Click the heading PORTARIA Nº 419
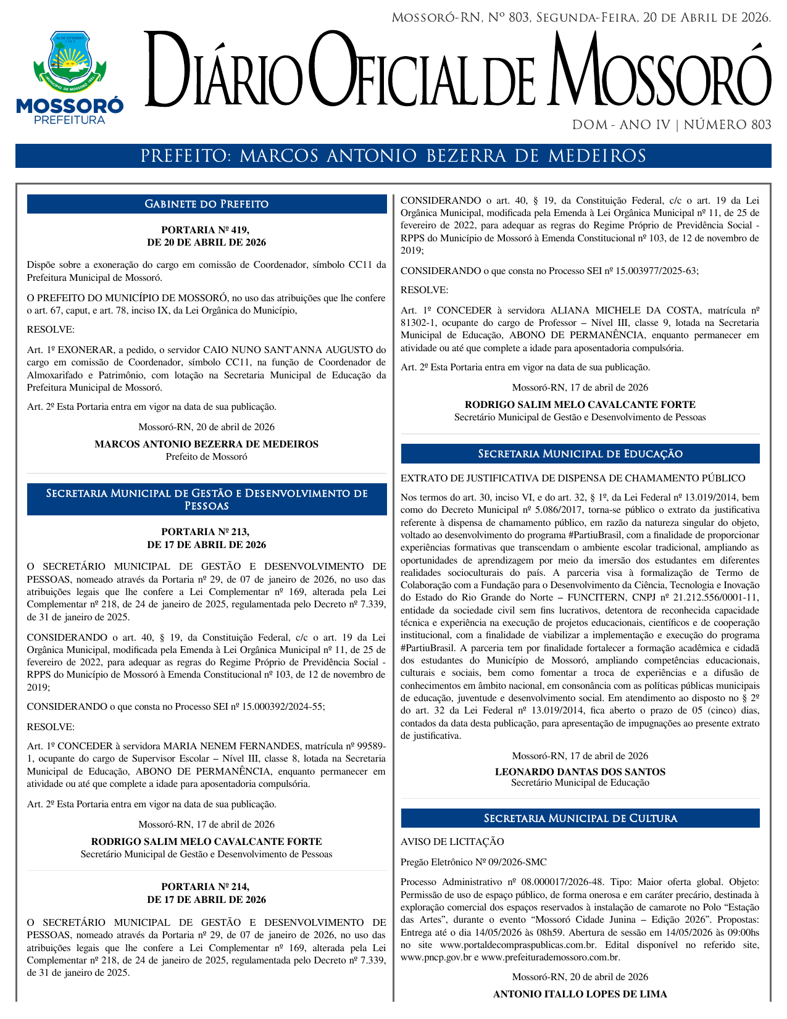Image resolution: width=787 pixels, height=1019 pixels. tap(206, 230)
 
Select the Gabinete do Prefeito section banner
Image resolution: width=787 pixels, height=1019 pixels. tap(207, 204)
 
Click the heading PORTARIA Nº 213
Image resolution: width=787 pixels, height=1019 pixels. tap(206, 531)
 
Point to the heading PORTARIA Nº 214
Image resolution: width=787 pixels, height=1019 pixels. tap(206, 887)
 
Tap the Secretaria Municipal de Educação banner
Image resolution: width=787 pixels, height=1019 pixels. tap(580, 454)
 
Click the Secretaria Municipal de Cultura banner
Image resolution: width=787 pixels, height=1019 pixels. tap(580, 818)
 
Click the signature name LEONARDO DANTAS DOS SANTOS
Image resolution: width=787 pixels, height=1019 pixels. tap(580, 772)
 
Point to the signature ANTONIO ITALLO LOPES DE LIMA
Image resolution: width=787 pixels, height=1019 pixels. tap(580, 994)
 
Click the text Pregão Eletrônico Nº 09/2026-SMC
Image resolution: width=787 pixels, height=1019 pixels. tap(473, 862)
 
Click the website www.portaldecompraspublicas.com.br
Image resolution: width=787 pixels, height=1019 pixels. tap(518, 945)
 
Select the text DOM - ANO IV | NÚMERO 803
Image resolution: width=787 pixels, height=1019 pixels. tap(672, 125)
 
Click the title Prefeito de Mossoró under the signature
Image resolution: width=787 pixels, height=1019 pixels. tap(206, 457)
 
